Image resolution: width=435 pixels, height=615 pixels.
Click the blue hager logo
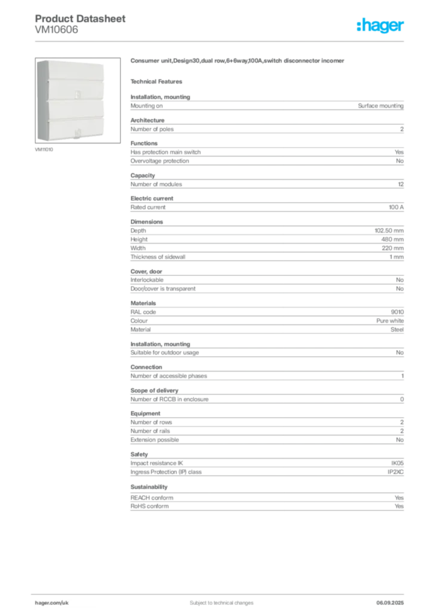tap(381, 26)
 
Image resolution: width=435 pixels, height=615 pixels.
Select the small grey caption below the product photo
tap(45, 148)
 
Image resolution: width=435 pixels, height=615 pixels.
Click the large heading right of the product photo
tap(237, 61)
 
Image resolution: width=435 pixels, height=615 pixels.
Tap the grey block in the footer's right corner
tap(394, 599)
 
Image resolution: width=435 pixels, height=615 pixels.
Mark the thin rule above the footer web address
tap(67, 593)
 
